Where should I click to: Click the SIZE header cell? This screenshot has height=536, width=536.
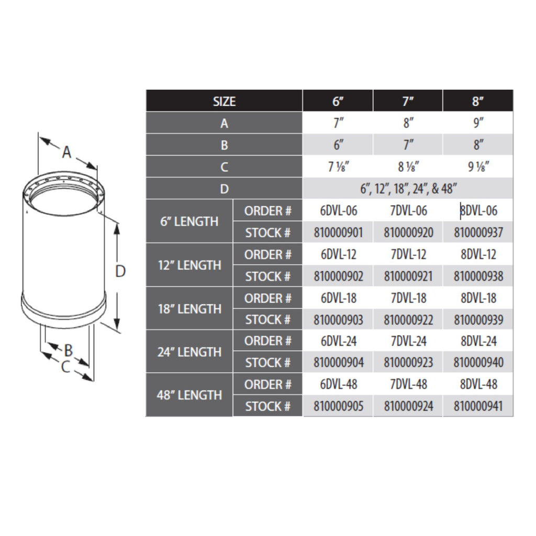click(x=224, y=101)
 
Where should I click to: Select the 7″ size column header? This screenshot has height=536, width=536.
click(x=408, y=101)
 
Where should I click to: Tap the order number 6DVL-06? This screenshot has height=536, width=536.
click(x=338, y=211)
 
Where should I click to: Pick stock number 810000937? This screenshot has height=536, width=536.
click(x=478, y=232)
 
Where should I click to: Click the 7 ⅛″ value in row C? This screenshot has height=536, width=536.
click(x=338, y=167)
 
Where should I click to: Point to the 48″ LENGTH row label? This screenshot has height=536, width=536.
click(x=189, y=395)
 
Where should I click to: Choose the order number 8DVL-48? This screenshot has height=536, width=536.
click(x=478, y=384)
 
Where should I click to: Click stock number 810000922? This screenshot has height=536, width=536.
click(x=408, y=319)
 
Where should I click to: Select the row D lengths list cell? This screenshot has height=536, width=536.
click(x=408, y=189)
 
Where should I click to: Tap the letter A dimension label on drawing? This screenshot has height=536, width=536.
click(x=66, y=152)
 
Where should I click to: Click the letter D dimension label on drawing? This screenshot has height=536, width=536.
click(x=120, y=272)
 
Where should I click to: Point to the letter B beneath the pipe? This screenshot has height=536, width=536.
click(x=69, y=350)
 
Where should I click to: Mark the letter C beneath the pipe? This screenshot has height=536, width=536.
click(x=65, y=367)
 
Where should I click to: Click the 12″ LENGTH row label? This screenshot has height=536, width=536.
click(x=189, y=265)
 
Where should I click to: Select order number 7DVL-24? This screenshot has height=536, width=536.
click(x=408, y=341)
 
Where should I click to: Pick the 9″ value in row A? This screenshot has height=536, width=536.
click(x=478, y=124)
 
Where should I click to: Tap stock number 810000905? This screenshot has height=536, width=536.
click(x=338, y=406)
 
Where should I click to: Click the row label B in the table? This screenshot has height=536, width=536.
click(x=224, y=145)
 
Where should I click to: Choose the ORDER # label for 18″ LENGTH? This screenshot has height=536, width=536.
click(x=267, y=298)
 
